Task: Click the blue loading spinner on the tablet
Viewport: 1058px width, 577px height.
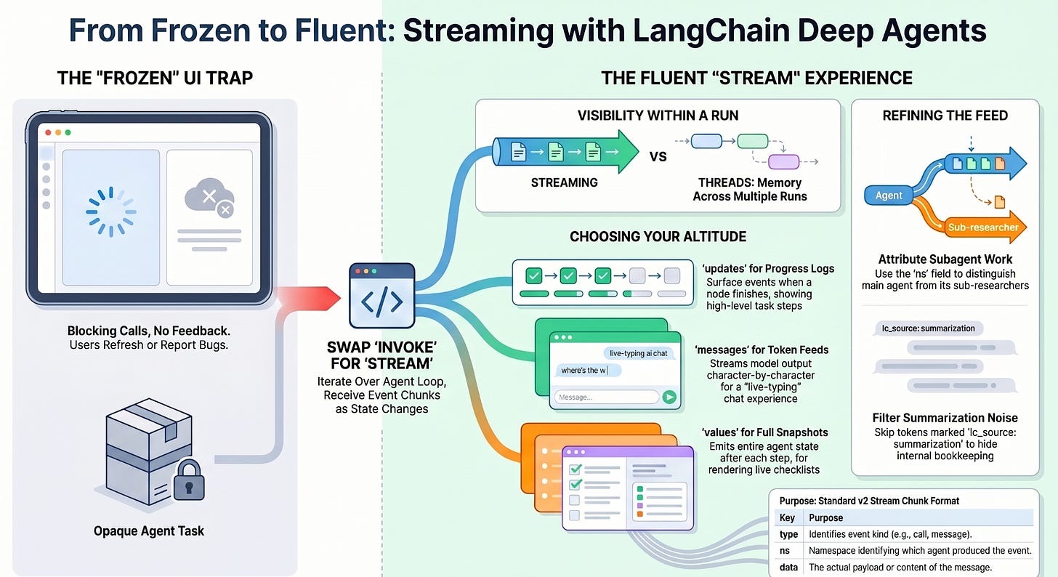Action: point(111,212)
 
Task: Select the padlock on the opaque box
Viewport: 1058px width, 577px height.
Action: point(189,480)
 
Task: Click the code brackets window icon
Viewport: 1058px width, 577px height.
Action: point(381,296)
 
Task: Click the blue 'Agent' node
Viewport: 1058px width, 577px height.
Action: point(889,195)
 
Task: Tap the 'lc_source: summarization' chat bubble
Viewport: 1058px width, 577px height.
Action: point(929,328)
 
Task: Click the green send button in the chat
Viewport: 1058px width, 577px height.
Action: point(669,397)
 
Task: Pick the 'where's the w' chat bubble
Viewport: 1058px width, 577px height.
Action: point(588,371)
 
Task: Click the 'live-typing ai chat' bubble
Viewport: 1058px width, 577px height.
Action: point(639,353)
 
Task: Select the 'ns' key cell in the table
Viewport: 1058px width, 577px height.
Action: point(785,551)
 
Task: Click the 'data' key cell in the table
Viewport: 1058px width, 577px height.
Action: point(788,567)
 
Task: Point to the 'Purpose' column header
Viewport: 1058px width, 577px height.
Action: point(825,518)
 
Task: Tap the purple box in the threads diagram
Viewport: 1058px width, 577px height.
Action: point(783,162)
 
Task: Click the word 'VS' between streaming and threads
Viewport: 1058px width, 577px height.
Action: point(658,156)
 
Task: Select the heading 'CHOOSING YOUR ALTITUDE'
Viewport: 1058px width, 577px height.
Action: point(658,237)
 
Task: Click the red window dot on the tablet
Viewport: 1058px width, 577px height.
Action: point(48,133)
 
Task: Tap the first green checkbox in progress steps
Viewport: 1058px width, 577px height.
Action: point(533,275)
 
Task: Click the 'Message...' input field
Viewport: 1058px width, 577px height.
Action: point(607,397)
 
